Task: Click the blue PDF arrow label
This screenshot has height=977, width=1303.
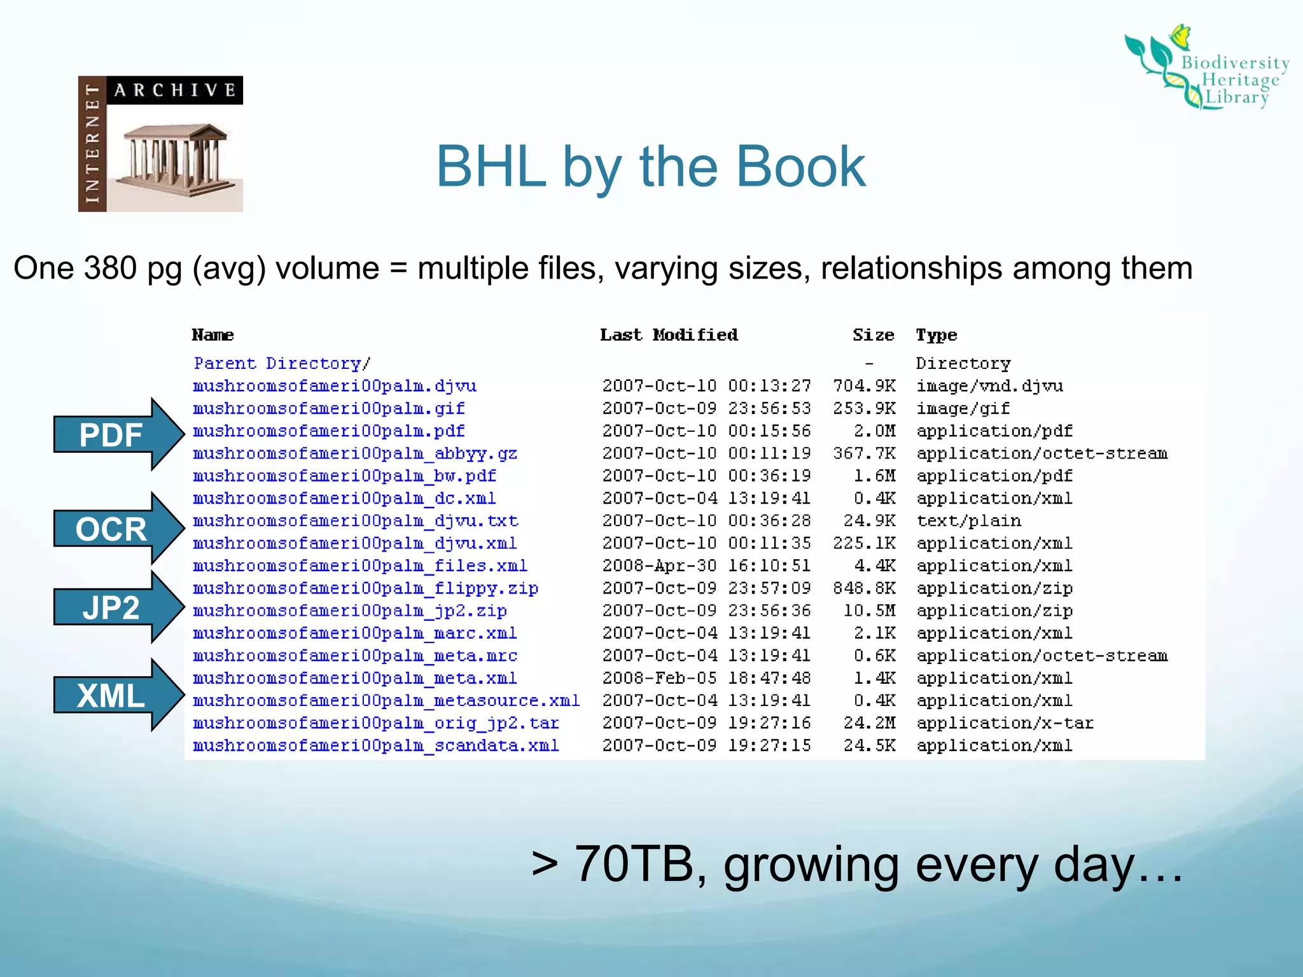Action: tap(111, 436)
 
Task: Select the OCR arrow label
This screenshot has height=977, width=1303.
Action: tap(111, 529)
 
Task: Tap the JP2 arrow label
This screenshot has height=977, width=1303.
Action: tap(111, 608)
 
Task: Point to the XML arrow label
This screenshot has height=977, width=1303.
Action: tap(111, 696)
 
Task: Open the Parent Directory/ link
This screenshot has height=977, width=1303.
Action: tap(282, 363)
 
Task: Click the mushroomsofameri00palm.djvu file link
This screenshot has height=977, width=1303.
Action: tap(335, 386)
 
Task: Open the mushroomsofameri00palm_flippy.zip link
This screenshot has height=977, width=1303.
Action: tap(365, 588)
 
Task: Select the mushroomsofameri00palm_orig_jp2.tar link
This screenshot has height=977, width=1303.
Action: tap(375, 723)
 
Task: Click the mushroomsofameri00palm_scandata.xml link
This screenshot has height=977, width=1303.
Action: tap(375, 745)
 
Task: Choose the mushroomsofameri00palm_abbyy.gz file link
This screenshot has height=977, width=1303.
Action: tap(355, 454)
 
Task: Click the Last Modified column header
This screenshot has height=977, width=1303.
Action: tap(669, 335)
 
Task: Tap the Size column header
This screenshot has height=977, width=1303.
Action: tap(874, 335)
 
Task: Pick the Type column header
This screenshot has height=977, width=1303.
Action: tap(936, 335)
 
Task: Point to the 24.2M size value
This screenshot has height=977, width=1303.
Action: tap(869, 723)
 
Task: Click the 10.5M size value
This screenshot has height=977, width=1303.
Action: tap(869, 611)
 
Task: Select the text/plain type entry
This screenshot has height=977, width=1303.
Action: tap(968, 521)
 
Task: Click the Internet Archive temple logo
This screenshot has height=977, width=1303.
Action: tap(160, 144)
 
